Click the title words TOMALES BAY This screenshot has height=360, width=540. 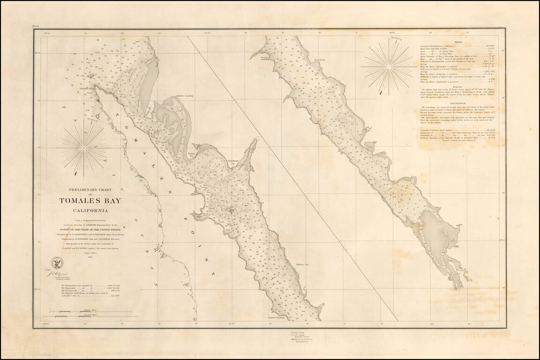pos(90,201)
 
